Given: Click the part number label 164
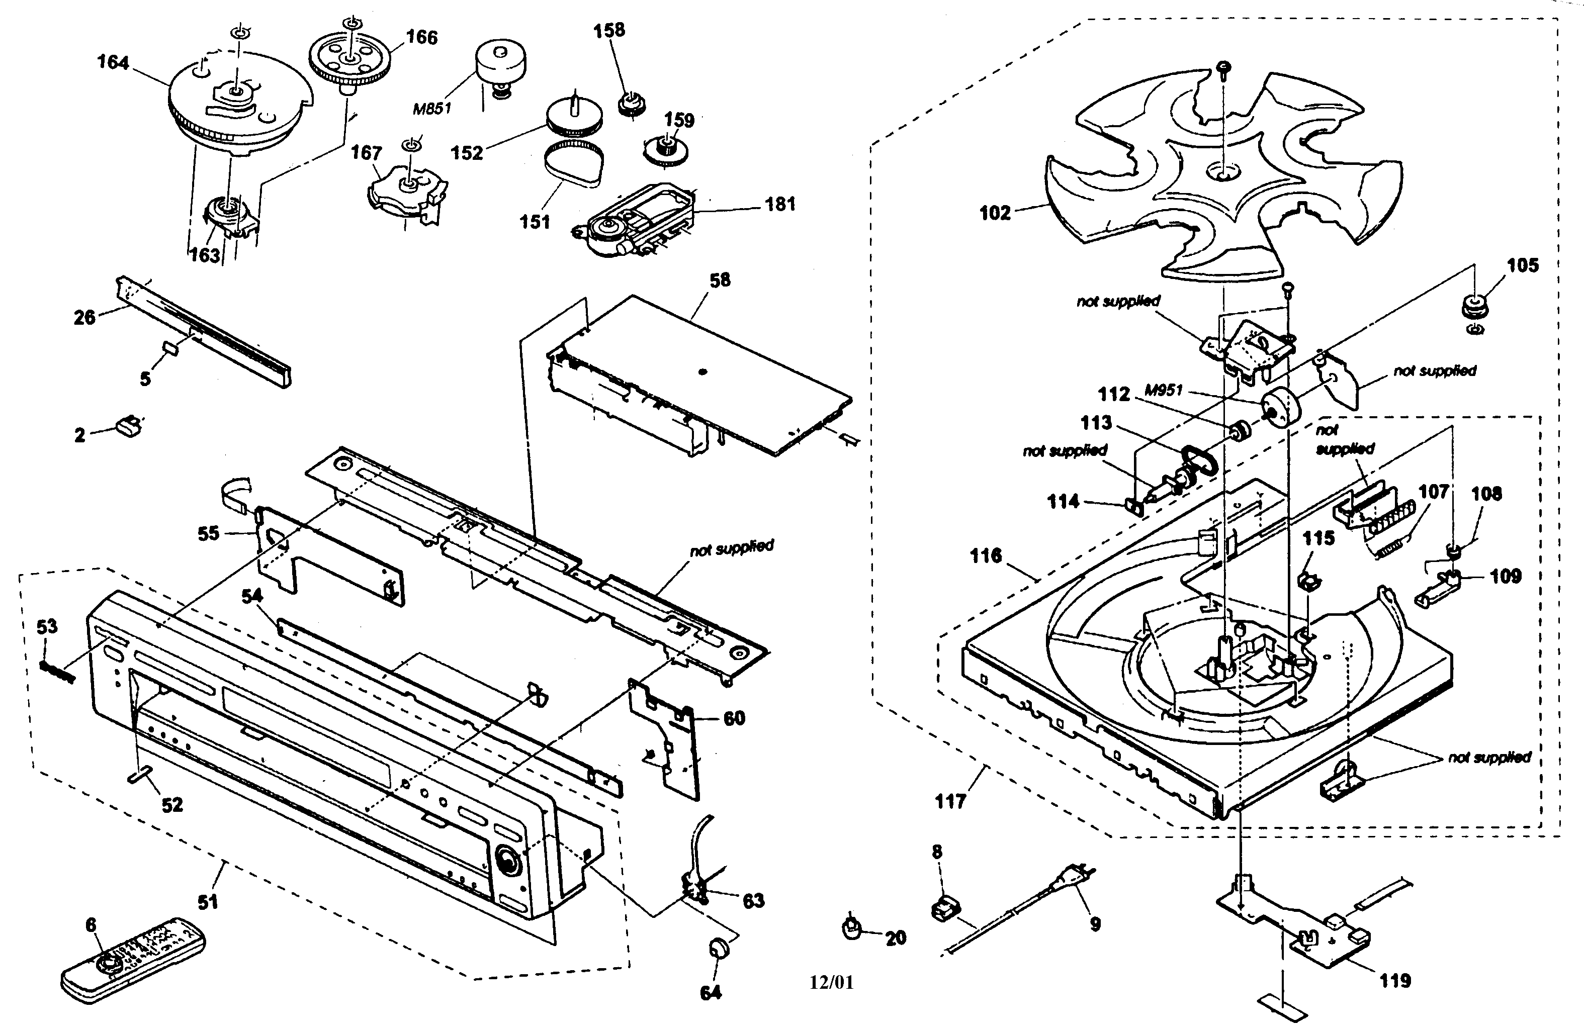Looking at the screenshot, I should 113,62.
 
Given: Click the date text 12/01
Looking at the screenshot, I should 831,982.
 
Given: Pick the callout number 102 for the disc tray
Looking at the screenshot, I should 995,213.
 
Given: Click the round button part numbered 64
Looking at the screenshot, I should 718,948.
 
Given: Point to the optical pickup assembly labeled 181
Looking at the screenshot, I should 639,220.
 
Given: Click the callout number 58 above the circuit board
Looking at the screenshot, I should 720,280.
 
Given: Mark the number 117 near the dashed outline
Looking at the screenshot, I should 950,801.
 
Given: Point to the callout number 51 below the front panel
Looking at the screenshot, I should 208,902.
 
